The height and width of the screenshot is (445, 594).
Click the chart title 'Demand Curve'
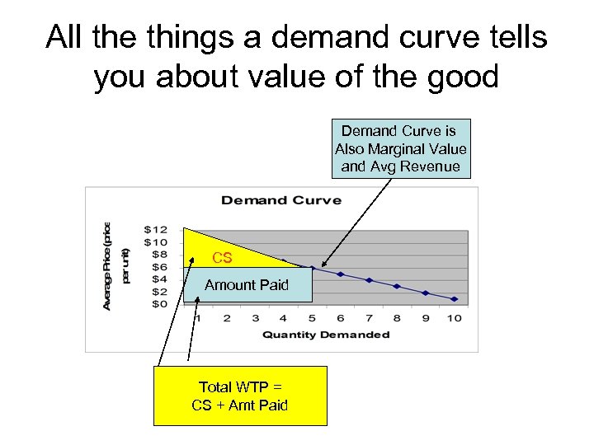pyautogui.click(x=280, y=200)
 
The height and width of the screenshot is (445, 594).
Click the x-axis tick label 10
pyautogui.click(x=454, y=318)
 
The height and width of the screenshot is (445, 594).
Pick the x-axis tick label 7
pyautogui.click(x=368, y=318)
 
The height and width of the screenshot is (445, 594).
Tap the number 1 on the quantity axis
pyautogui.click(x=196, y=318)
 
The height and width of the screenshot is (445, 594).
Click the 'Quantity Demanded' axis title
pyautogui.click(x=325, y=335)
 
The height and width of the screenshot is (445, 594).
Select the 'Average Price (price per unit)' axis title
pyautogui.click(x=115, y=265)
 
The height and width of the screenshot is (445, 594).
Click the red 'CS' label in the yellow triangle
pyautogui.click(x=222, y=258)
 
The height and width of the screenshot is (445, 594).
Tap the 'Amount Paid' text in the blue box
pyautogui.click(x=247, y=285)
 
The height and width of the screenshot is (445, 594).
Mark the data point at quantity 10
pyautogui.click(x=455, y=298)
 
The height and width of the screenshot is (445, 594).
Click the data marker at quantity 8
pyautogui.click(x=397, y=286)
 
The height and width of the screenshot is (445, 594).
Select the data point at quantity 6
pyautogui.click(x=340, y=274)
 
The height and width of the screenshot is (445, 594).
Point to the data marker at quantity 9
pyautogui.click(x=426, y=293)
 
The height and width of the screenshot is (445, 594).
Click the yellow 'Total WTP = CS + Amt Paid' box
pyautogui.click(x=240, y=396)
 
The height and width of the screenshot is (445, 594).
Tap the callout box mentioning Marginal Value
pyautogui.click(x=400, y=149)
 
